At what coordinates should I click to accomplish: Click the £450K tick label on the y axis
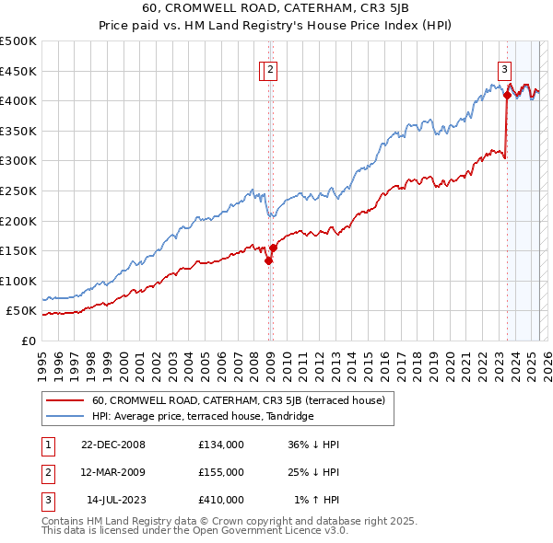pos(18,71)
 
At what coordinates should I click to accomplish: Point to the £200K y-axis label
pos(18,221)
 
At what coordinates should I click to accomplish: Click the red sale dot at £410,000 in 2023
pos(507,94)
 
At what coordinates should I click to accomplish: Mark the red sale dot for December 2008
pos(268,260)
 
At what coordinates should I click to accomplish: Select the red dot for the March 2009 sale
pos(273,248)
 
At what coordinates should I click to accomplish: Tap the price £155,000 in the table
pos(220,472)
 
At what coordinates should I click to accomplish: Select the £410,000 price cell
pos(220,500)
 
